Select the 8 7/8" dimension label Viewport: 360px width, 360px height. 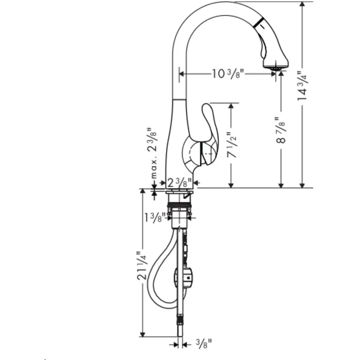tap(281, 132)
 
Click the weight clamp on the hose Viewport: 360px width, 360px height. tap(185, 278)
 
